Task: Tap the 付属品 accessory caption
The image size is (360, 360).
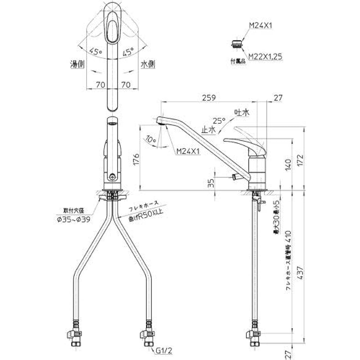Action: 238,61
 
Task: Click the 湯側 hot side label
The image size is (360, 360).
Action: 77,64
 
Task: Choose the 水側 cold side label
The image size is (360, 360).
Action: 147,64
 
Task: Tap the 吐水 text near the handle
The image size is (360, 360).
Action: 242,113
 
